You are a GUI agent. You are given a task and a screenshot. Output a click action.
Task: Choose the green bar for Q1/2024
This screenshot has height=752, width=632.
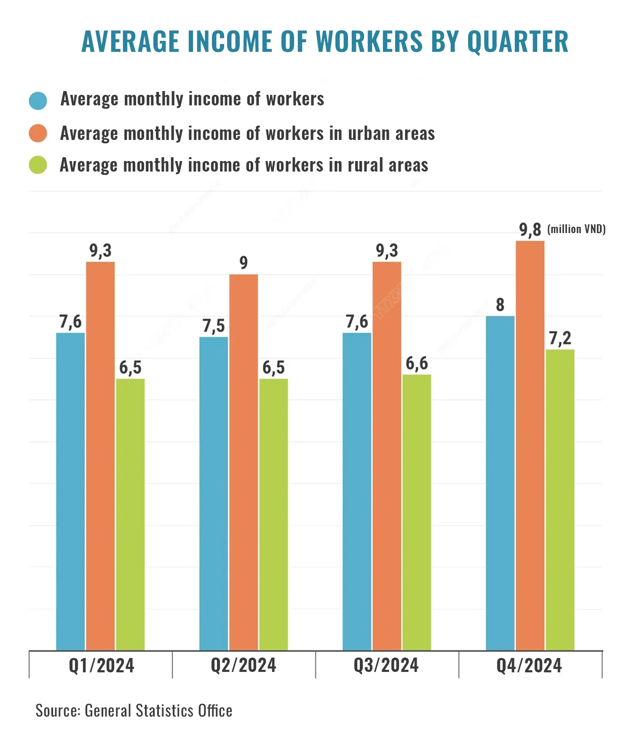coord(130,514)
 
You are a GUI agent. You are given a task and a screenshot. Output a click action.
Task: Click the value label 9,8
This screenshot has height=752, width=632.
coord(530,230)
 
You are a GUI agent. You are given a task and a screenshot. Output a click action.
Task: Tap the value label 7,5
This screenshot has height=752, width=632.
coord(214,326)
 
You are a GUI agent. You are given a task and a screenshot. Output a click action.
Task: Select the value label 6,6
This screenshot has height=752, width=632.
coord(417,363)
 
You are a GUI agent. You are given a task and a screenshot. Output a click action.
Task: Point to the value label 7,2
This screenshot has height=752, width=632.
coord(560,338)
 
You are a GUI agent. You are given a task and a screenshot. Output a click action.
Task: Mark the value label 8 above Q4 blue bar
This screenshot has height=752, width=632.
coord(500,305)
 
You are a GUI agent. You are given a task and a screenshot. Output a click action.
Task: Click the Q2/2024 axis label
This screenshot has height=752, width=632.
coord(244,666)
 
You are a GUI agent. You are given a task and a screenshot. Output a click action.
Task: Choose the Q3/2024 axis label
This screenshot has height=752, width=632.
coord(386,666)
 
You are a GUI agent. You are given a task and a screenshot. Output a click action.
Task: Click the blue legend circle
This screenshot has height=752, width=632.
coord(38,101)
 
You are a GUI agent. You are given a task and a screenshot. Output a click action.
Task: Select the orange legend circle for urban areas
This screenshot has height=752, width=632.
coord(38,133)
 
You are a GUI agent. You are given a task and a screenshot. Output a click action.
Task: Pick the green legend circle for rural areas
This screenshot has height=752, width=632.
coord(38,165)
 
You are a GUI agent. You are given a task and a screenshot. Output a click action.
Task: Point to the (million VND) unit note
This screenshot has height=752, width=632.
coord(576,229)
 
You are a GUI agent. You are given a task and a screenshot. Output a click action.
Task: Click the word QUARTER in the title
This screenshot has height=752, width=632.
coord(518,42)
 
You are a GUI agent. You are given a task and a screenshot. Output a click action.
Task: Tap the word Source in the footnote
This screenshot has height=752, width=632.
coord(58,711)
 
